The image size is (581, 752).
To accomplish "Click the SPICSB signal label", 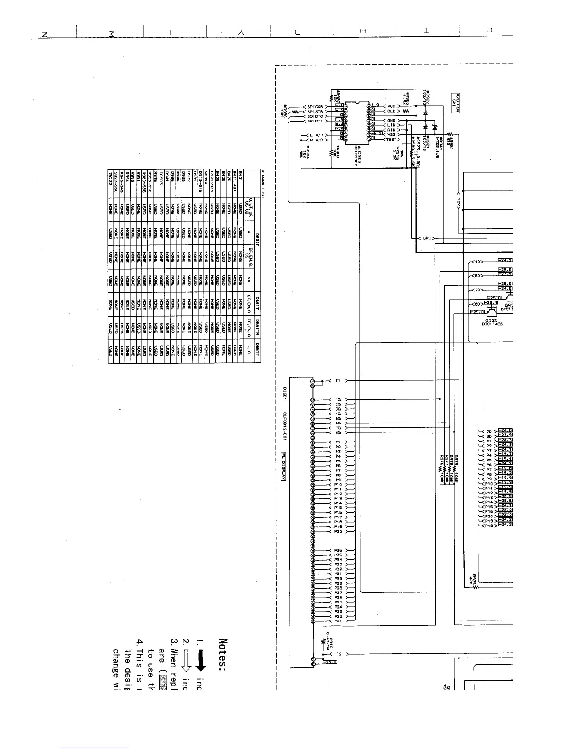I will tap(315, 106).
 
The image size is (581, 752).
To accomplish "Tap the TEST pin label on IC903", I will tap(391, 139).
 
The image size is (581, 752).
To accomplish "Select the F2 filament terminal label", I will tap(338, 654).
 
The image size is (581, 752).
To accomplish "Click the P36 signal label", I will tap(338, 550).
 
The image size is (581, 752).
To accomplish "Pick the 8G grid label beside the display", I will tap(338, 432).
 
